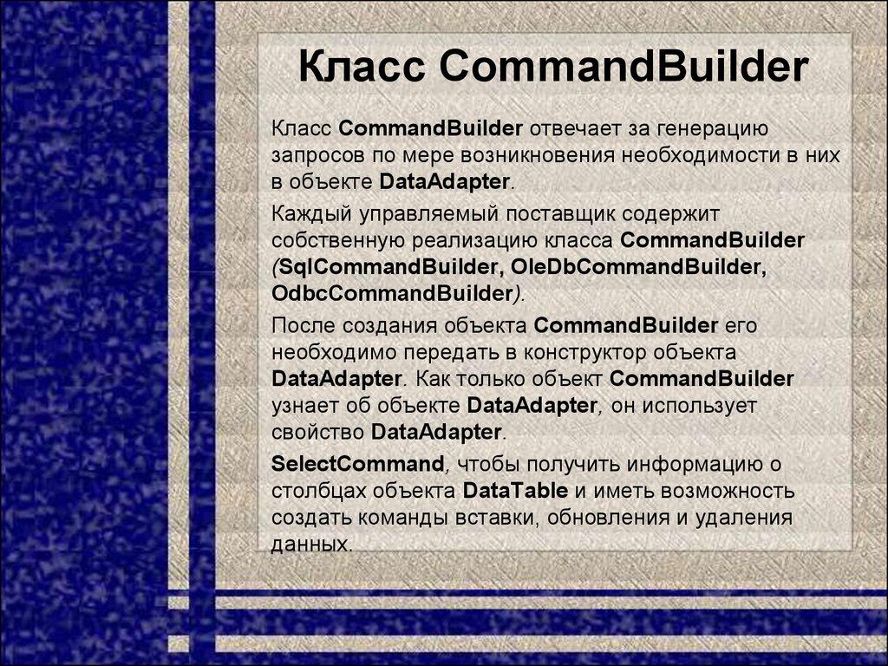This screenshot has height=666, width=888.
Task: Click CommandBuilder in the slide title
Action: (624, 69)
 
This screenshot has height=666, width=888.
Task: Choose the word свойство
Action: (318, 431)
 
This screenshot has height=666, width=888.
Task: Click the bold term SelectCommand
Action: (358, 462)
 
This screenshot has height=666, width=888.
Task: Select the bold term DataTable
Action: (515, 491)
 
